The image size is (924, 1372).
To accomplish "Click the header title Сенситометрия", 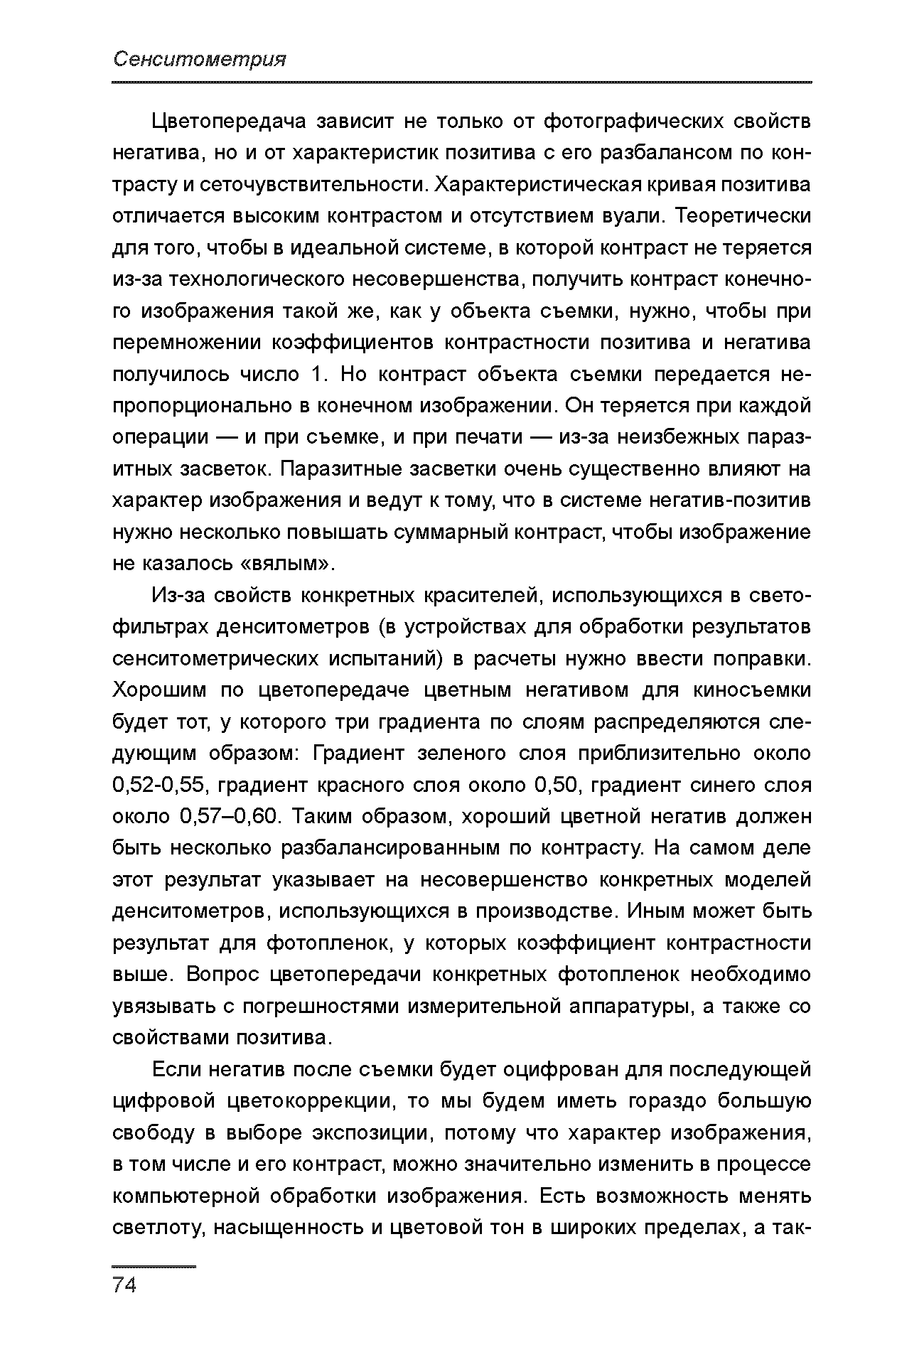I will coord(200,60).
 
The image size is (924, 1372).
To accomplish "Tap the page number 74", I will coord(124,1285).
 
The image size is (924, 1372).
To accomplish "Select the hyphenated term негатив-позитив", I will coord(730,501).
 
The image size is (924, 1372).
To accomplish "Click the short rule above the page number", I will coord(154,1267).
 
